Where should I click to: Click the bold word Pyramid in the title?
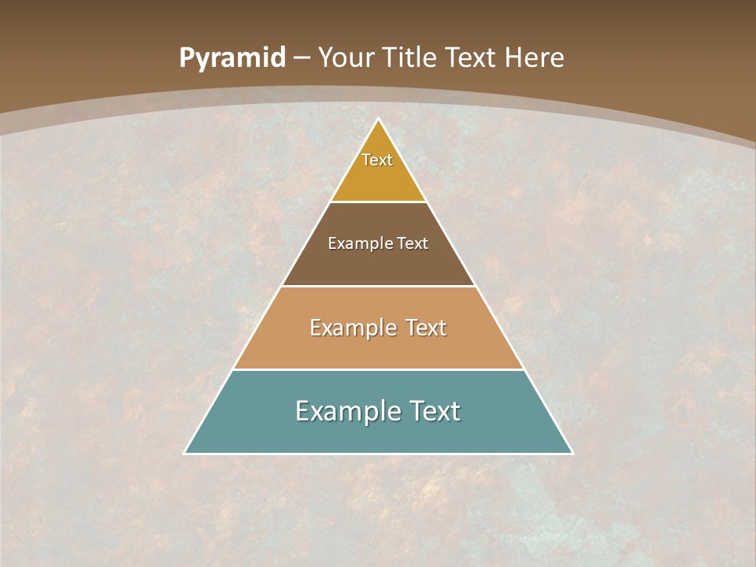click(x=232, y=58)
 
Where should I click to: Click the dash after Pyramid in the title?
click(x=302, y=58)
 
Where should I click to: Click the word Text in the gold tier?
click(x=377, y=160)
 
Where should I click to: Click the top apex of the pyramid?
click(x=379, y=119)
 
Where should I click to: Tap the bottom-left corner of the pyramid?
click(x=185, y=453)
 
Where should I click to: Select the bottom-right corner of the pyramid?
click(x=572, y=453)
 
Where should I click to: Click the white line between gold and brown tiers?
click(x=379, y=202)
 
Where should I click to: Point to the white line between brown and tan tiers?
click(x=379, y=286)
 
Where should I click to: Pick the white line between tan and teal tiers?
click(x=379, y=369)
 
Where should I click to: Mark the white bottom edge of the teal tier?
click(x=379, y=454)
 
